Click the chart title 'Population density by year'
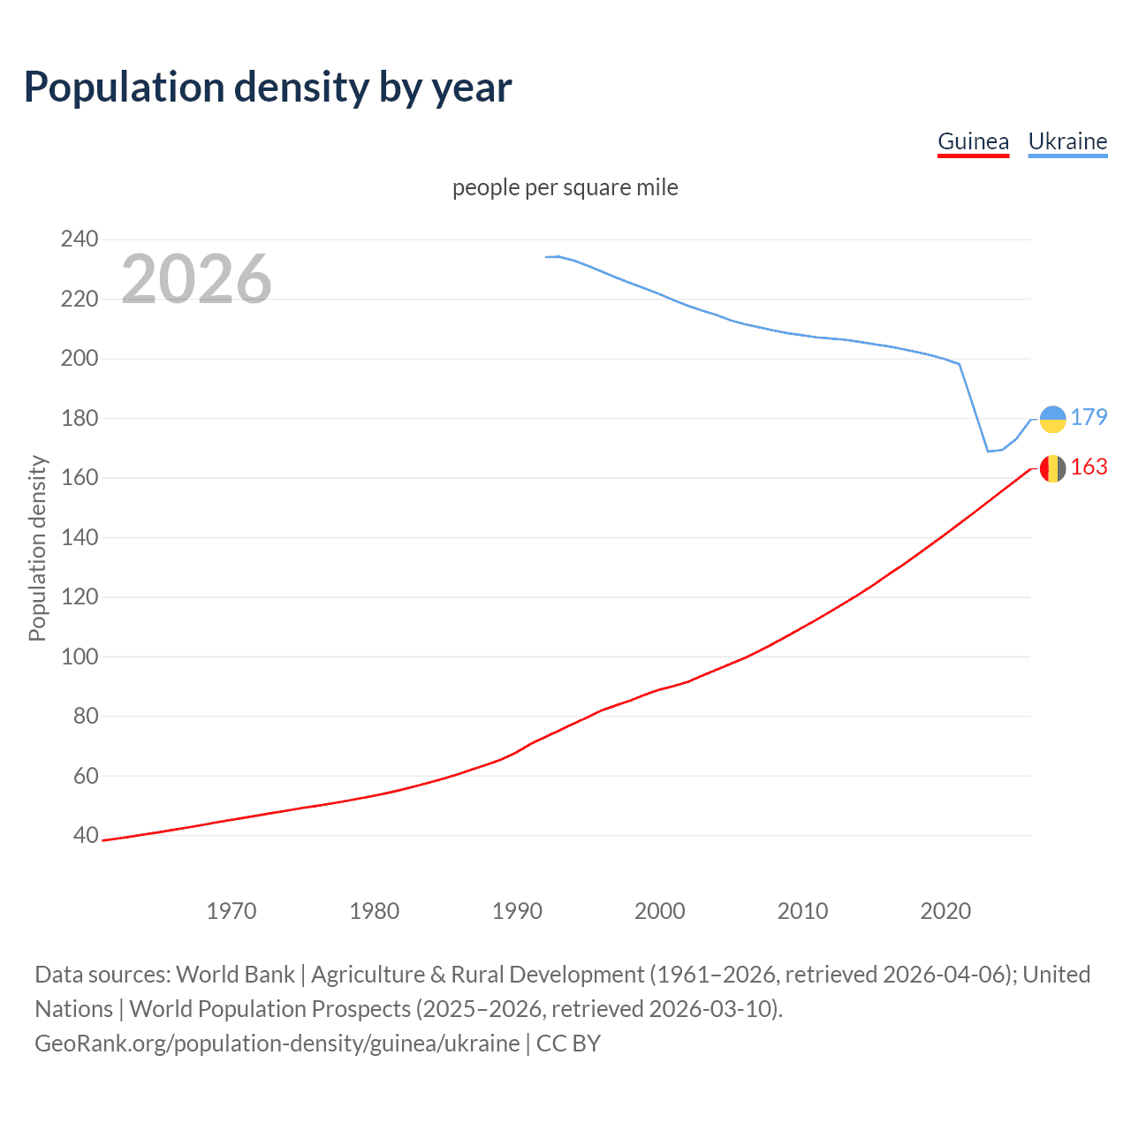click(x=268, y=87)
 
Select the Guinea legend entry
click(x=973, y=141)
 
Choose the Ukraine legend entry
click(x=1067, y=141)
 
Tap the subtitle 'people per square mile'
click(x=565, y=187)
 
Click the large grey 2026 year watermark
click(x=196, y=278)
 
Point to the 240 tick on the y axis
click(x=80, y=239)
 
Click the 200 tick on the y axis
click(x=80, y=358)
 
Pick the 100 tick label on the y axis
click(x=80, y=657)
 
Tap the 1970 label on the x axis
click(x=232, y=910)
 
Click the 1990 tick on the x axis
click(x=517, y=910)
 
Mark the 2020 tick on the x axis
click(x=945, y=910)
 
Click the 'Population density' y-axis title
click(x=37, y=548)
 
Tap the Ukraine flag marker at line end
click(x=1052, y=419)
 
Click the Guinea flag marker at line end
click(x=1052, y=468)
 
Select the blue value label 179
click(x=1089, y=417)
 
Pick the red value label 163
click(x=1089, y=467)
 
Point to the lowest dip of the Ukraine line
click(x=989, y=451)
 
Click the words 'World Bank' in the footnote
click(x=235, y=974)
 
